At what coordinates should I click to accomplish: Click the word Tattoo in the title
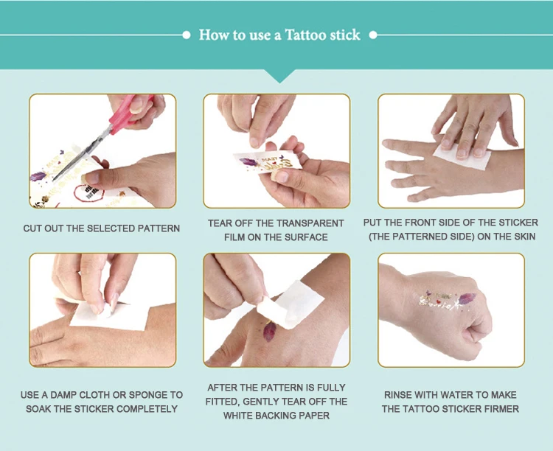pos(305,35)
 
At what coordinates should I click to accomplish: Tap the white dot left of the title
pos(187,35)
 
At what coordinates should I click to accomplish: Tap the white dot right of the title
pos(373,35)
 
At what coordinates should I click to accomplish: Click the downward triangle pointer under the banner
pos(279,76)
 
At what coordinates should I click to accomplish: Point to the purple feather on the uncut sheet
pos(38,176)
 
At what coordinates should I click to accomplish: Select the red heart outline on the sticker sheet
pos(88,193)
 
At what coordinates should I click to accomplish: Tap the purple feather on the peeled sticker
pos(249,162)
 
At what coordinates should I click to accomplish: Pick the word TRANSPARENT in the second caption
pos(310,223)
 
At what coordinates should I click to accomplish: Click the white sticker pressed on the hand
pos(462,155)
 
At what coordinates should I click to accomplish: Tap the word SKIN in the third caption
pos(524,237)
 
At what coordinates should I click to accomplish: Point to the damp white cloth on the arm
pos(109,315)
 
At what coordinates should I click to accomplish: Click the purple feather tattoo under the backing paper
pos(269,332)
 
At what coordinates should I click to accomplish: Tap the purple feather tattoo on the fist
pos(467,298)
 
